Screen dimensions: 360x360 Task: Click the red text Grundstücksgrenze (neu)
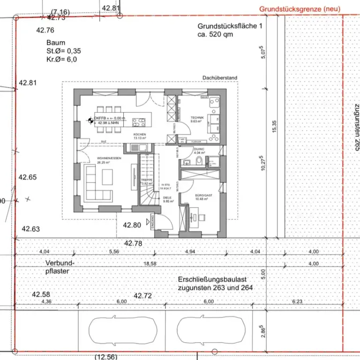pyautogui.click(x=300, y=9)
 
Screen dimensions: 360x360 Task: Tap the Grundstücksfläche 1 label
pyautogui.click(x=227, y=27)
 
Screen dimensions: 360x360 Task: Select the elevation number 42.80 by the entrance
pyautogui.click(x=132, y=225)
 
